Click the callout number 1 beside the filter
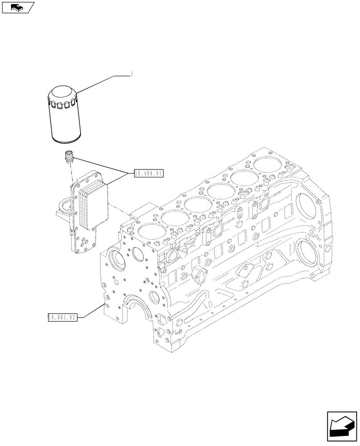[132, 75]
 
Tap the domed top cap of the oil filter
[62, 95]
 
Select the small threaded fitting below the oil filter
[69, 157]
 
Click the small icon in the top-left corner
[17, 7]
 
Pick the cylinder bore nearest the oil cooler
[147, 231]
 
